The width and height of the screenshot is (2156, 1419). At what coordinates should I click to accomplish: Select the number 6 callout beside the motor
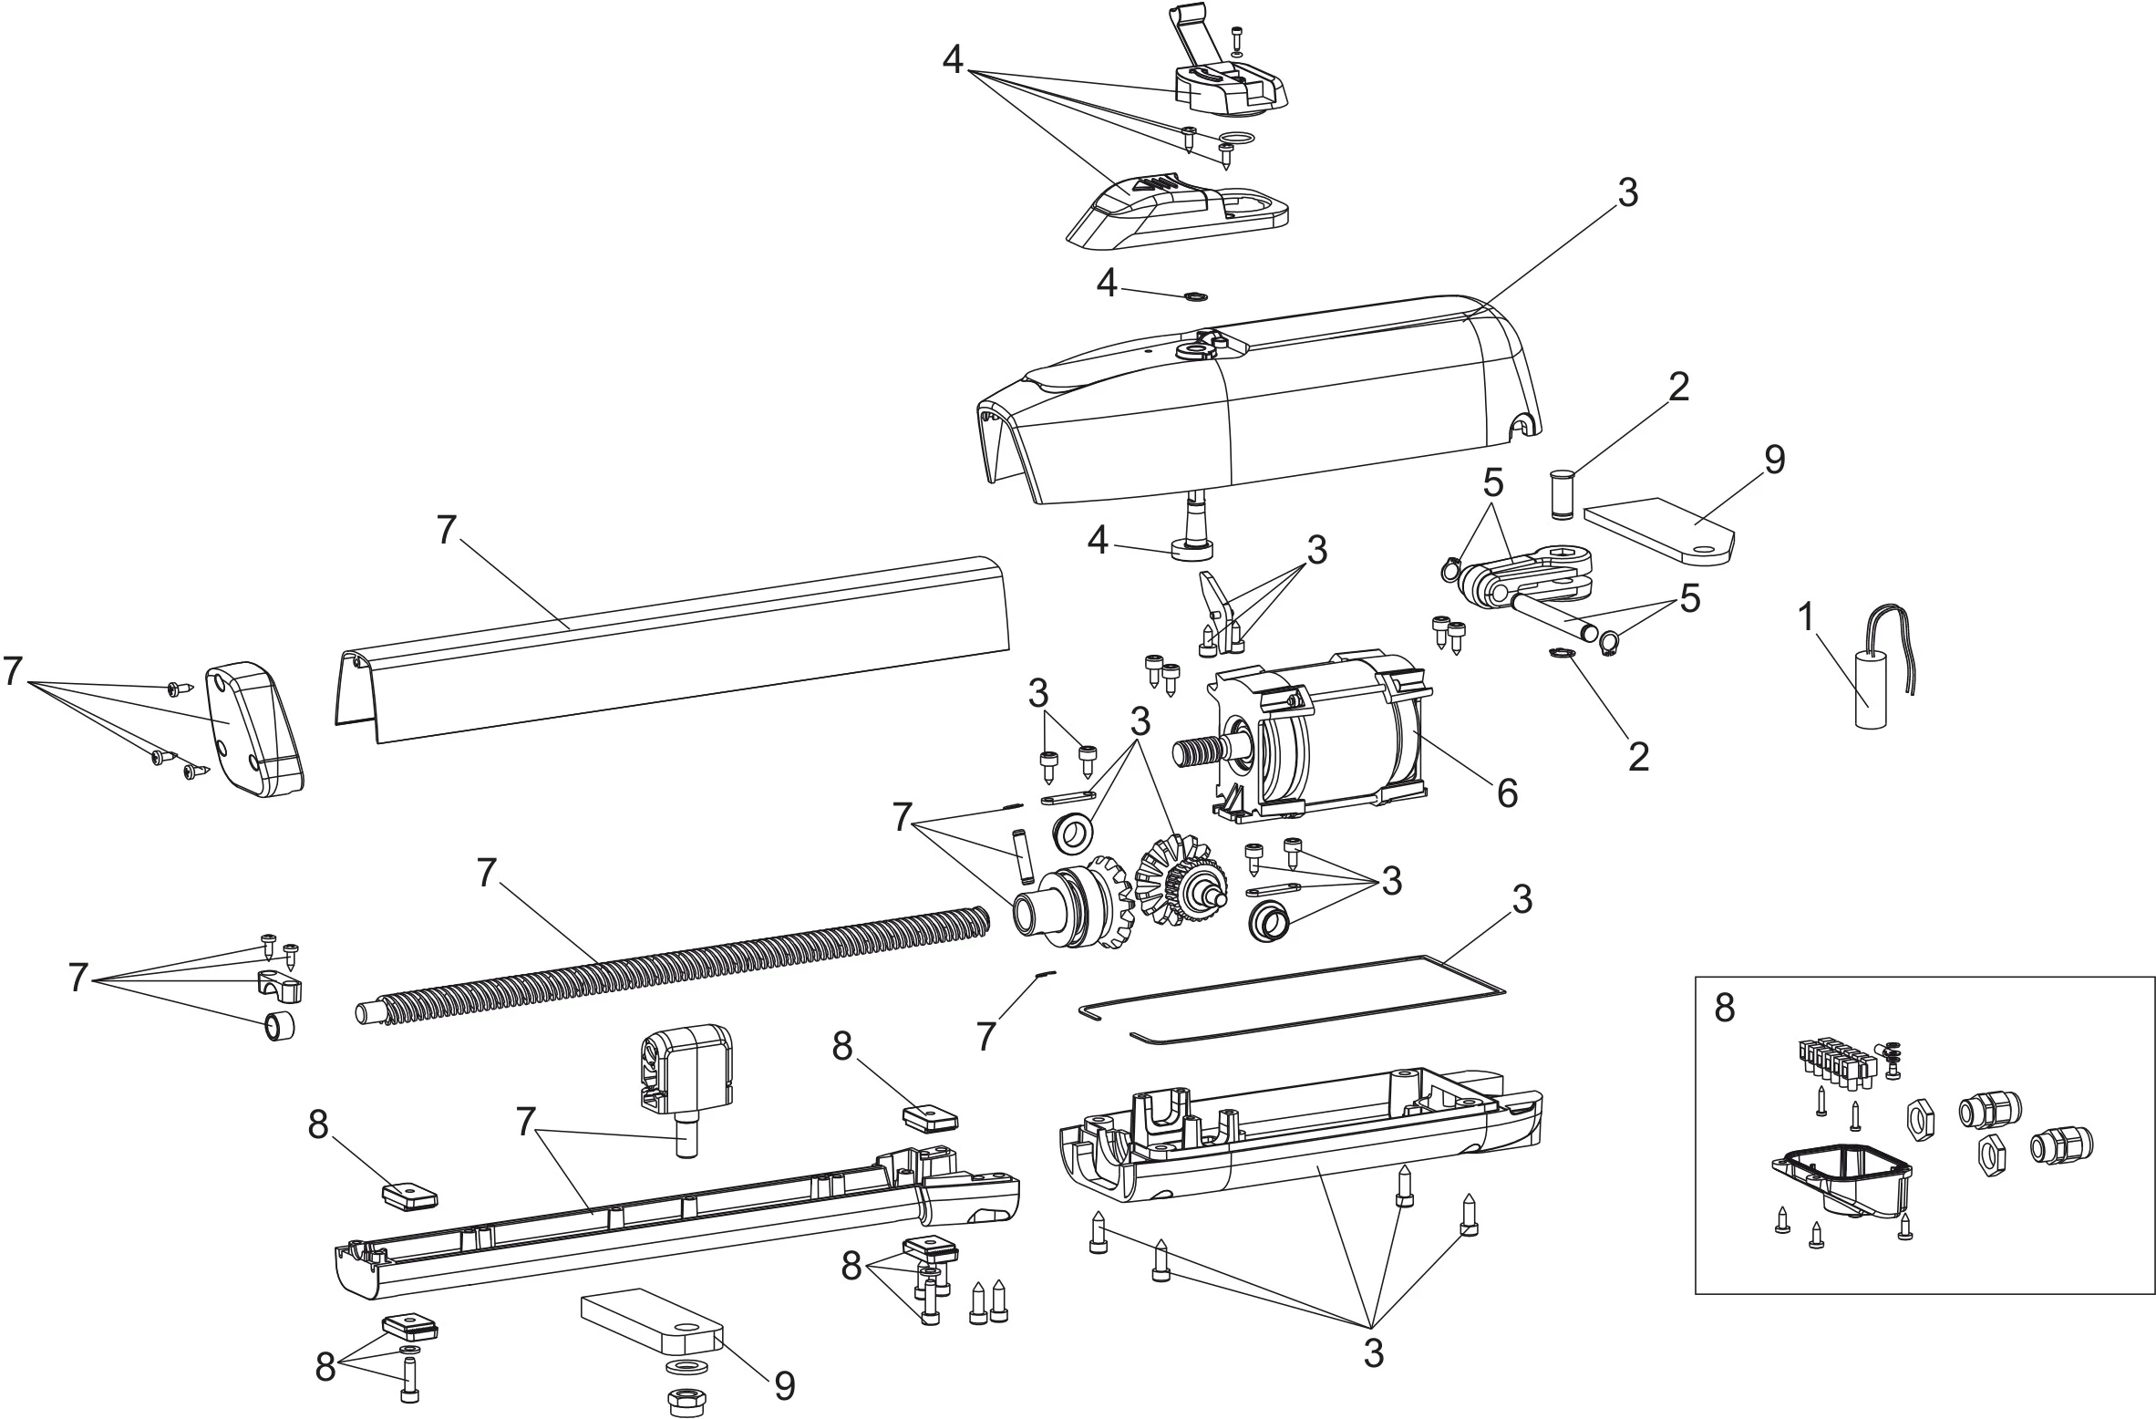(x=1507, y=794)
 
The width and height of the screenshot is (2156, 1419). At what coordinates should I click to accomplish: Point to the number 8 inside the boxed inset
(x=1724, y=1009)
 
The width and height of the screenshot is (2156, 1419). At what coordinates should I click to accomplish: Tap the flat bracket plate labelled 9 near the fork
(x=1659, y=539)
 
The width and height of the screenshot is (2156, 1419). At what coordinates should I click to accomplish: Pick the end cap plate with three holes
(x=253, y=730)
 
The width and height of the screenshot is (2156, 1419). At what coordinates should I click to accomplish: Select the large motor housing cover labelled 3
(x=1258, y=410)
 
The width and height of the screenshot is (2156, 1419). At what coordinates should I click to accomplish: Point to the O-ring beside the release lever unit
(x=1236, y=140)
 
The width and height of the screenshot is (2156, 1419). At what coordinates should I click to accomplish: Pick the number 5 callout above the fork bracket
(x=1492, y=482)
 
